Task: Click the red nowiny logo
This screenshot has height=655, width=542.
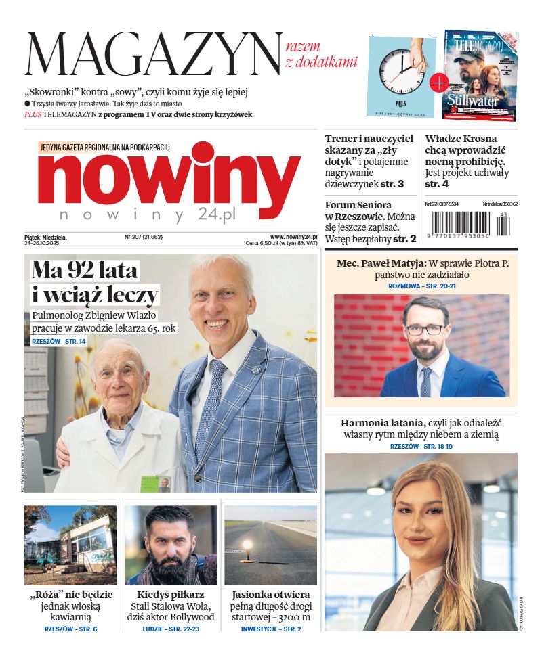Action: point(169,178)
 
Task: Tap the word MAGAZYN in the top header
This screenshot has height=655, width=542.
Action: point(153,55)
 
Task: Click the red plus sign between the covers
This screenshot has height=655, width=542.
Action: point(439,83)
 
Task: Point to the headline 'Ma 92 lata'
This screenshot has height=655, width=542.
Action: point(85,271)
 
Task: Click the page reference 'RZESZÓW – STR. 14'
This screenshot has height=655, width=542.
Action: point(59,342)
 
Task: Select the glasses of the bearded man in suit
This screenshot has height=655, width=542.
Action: point(425,330)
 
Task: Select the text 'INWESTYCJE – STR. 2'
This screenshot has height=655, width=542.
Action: point(271,629)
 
